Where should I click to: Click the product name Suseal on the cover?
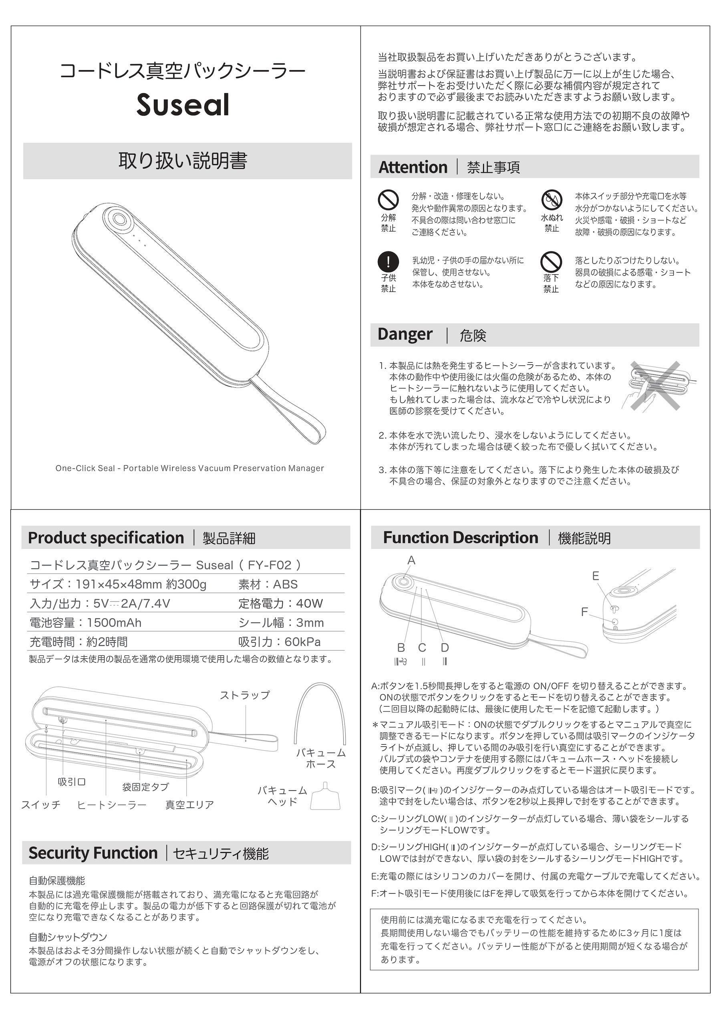[x=183, y=105]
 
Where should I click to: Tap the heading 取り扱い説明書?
[x=183, y=161]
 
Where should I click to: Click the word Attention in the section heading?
[x=413, y=167]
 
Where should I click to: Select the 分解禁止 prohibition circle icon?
[x=388, y=200]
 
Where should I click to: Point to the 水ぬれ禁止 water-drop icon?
[x=552, y=200]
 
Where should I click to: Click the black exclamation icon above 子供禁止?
[x=388, y=261]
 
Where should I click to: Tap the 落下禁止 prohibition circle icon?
[x=551, y=261]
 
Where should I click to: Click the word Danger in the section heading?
[x=405, y=334]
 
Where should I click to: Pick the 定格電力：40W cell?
[x=280, y=603]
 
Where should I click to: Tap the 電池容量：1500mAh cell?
[x=85, y=622]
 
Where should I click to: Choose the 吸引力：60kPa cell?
[x=279, y=641]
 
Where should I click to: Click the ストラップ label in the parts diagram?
[x=245, y=695]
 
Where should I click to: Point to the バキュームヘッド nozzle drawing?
[x=325, y=797]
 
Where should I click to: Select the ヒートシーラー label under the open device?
[x=111, y=805]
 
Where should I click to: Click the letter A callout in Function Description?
[x=411, y=560]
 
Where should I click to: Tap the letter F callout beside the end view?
[x=584, y=612]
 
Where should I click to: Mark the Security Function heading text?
[x=93, y=853]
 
